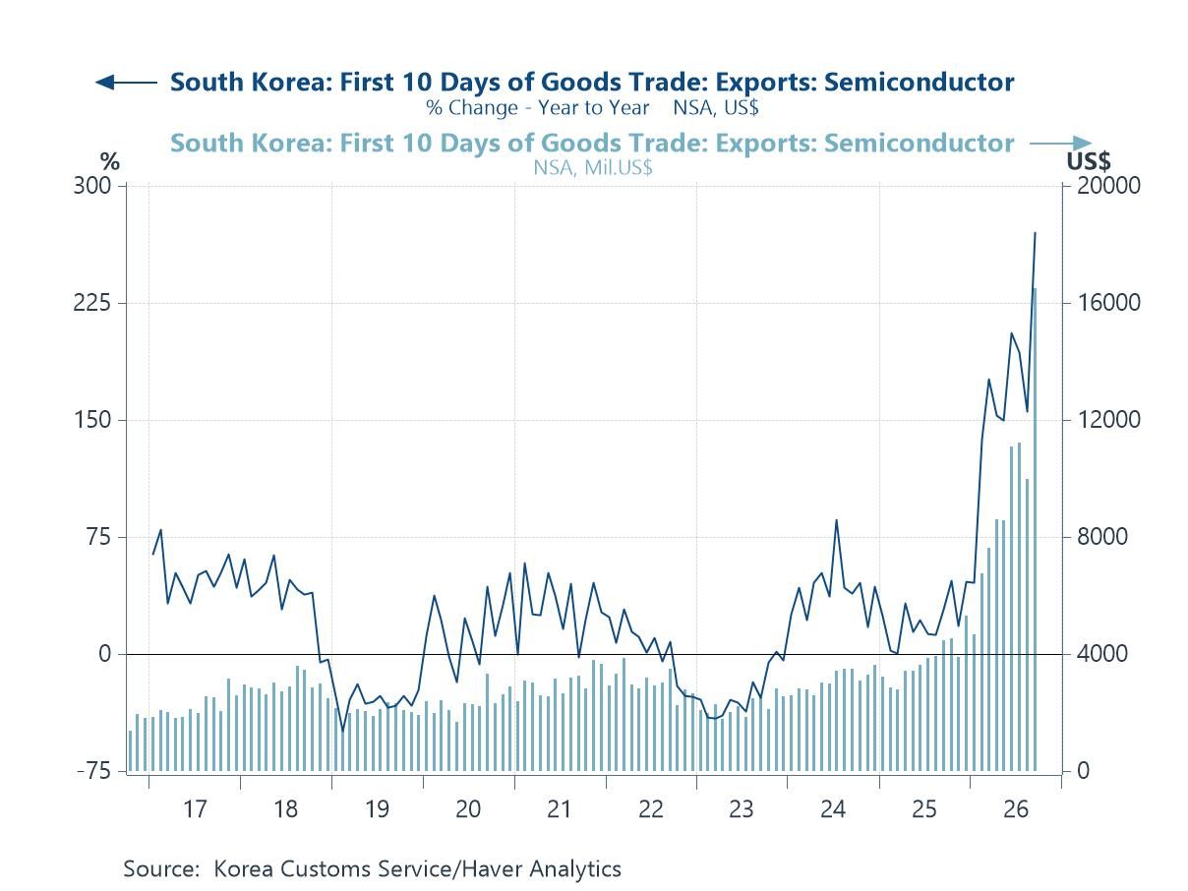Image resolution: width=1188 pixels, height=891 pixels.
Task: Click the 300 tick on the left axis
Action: [x=92, y=186]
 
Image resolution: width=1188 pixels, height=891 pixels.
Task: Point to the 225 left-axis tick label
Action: [x=92, y=303]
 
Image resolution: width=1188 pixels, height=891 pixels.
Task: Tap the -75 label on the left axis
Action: [x=94, y=770]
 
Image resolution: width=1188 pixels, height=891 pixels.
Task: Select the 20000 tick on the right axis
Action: [x=1108, y=186]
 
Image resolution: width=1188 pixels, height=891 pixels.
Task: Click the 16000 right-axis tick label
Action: [x=1108, y=303]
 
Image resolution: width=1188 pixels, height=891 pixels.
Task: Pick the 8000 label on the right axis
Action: [x=1101, y=537]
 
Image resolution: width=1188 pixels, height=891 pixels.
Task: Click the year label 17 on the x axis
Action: [x=195, y=809]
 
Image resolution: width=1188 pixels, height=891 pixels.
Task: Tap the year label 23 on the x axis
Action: [x=741, y=809]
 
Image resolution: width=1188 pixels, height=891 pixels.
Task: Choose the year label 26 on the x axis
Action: [x=1015, y=809]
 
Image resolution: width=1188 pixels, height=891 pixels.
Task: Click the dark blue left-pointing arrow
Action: [x=126, y=83]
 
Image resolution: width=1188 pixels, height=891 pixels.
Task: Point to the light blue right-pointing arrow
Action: [x=1060, y=144]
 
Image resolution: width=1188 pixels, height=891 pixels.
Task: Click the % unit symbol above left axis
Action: [x=110, y=161]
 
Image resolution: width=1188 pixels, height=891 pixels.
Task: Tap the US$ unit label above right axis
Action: [x=1089, y=161]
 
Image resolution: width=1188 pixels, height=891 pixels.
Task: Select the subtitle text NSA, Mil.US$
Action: [x=593, y=168]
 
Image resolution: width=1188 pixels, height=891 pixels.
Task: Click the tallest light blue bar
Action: [x=1035, y=529]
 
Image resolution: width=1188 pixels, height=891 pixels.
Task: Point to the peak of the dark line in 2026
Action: [x=1035, y=233]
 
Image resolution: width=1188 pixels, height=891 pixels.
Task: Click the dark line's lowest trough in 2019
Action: [x=342, y=731]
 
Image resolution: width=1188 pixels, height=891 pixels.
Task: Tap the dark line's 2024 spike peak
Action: [x=836, y=520]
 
